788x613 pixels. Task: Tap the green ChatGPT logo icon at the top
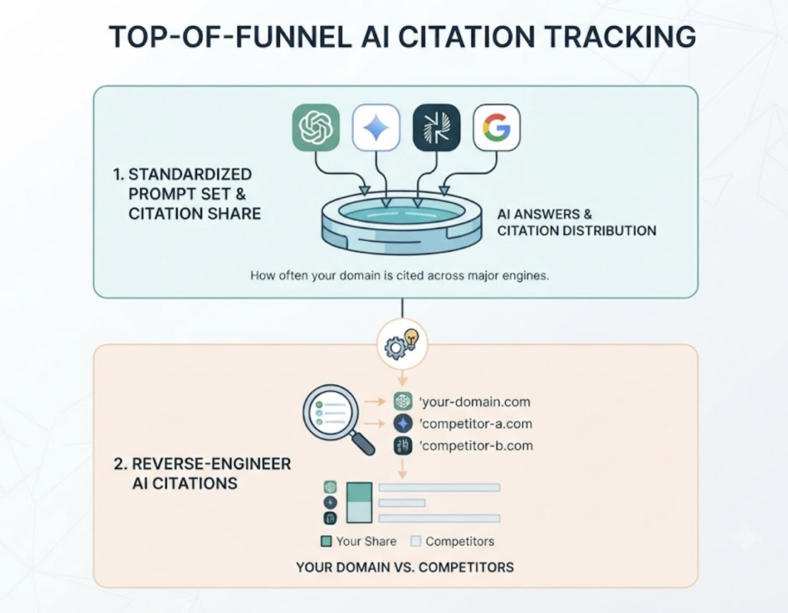point(316,127)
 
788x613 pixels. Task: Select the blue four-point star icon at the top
point(376,127)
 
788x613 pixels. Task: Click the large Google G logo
point(496,127)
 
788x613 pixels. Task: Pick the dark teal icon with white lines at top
point(436,127)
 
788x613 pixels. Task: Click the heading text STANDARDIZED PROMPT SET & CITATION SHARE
point(187,193)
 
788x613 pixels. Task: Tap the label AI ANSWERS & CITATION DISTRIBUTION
point(576,223)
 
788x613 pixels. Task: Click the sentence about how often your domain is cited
point(399,276)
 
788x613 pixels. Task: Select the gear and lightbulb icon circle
point(402,344)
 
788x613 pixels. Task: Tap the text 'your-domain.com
point(475,402)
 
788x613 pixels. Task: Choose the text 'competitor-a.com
point(476,424)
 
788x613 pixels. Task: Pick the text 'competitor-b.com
point(476,446)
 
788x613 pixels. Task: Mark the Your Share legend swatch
point(326,541)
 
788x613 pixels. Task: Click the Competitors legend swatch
point(416,541)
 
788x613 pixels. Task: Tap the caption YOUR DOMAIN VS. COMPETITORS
point(405,568)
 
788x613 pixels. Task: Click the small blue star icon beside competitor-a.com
point(402,424)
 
